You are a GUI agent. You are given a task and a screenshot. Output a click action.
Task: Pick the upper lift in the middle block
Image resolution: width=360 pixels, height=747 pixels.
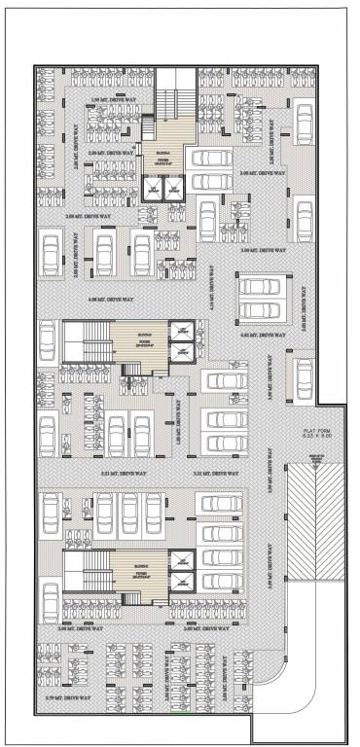(181, 333)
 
